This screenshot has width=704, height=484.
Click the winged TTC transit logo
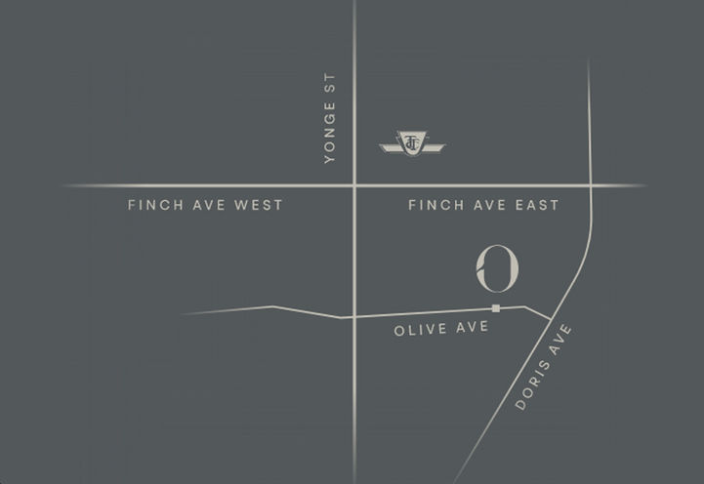(411, 143)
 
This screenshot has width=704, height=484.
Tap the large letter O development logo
(497, 267)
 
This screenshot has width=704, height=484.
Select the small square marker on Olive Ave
(496, 308)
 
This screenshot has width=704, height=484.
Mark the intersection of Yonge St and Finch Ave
(353, 184)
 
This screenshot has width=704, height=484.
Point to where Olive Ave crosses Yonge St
(353, 316)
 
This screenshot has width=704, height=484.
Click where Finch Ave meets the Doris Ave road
(591, 184)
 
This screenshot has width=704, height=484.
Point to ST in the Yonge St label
(329, 82)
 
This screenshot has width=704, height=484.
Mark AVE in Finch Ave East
(483, 205)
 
